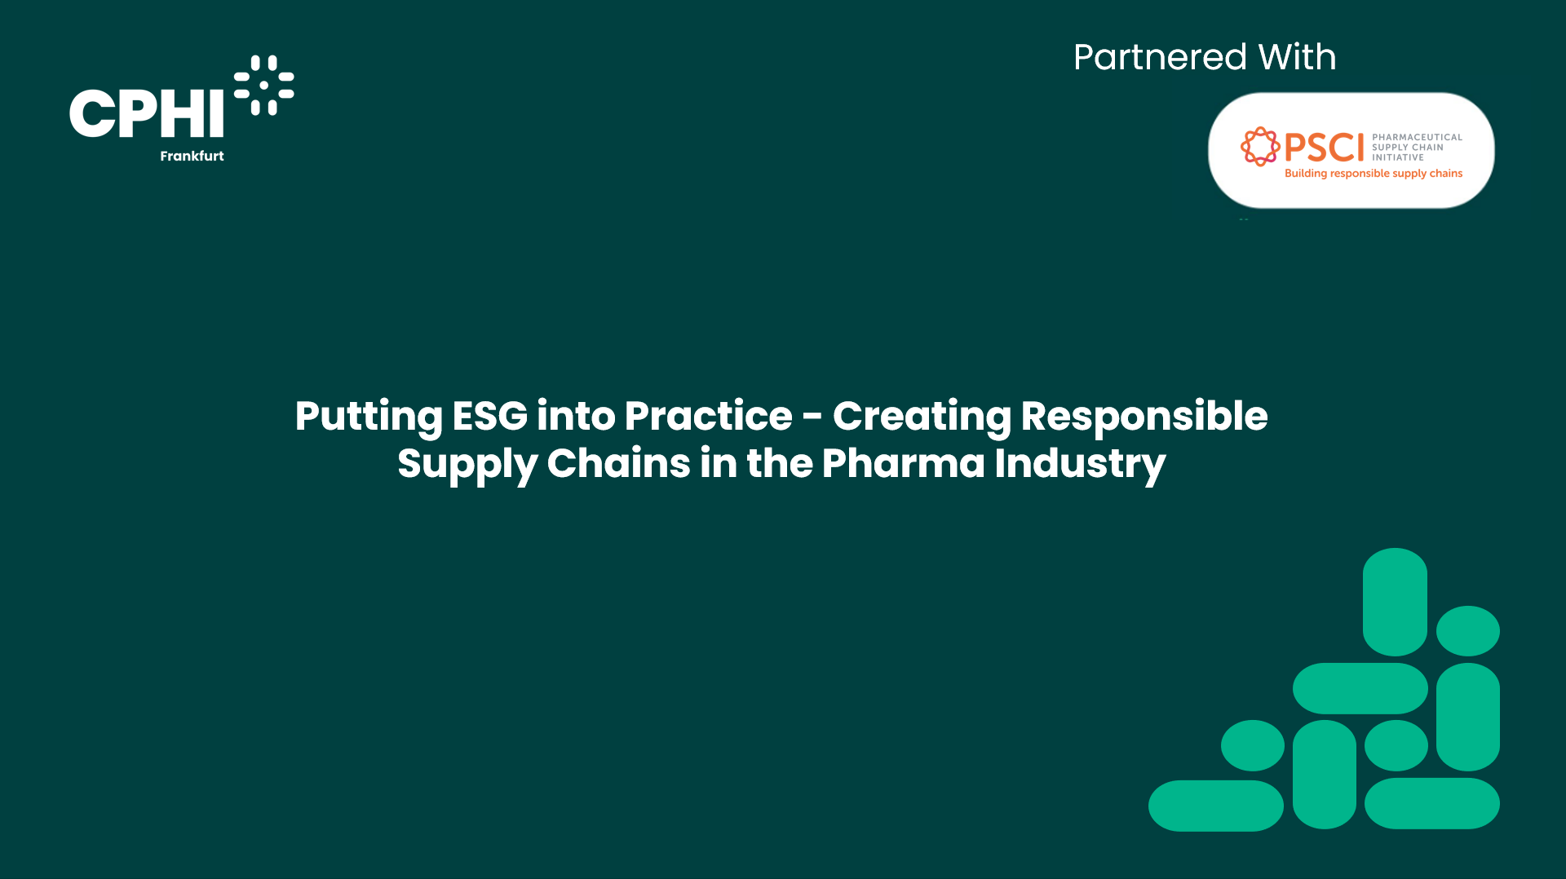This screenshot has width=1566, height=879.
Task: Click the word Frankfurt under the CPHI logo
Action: [192, 156]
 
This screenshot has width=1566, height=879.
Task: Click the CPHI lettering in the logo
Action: [147, 113]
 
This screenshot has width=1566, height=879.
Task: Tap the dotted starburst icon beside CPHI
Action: [263, 85]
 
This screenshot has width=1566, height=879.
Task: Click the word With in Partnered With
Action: [1297, 57]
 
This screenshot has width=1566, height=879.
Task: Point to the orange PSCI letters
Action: [1324, 148]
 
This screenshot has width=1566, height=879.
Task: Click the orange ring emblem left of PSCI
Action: [1260, 147]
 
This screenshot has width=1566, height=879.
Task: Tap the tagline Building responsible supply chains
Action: [1374, 174]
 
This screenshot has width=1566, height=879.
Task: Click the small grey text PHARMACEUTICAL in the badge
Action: [1417, 137]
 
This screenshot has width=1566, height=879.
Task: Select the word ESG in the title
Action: [489, 416]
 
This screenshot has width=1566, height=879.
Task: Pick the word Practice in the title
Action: [708, 416]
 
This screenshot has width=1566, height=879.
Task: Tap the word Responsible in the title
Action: [1144, 417]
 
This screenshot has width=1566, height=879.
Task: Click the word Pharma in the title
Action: [903, 463]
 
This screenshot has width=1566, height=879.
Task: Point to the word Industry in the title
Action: [1080, 465]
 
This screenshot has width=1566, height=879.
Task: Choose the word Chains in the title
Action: [618, 463]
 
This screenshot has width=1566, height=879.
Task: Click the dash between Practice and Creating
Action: [812, 418]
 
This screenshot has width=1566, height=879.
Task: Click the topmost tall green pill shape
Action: [1395, 602]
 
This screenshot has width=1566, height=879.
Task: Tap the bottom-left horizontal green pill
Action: [1215, 806]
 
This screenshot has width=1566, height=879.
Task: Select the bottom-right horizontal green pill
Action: [1431, 803]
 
